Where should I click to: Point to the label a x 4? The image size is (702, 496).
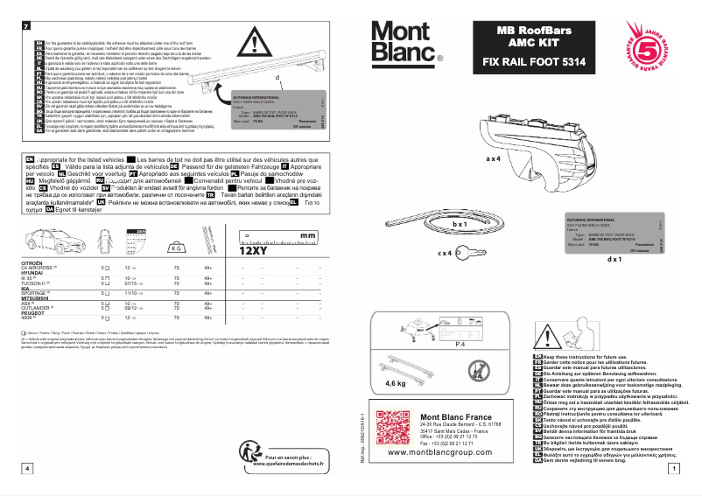493,159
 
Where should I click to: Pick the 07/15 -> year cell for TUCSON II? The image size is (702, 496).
133,283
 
